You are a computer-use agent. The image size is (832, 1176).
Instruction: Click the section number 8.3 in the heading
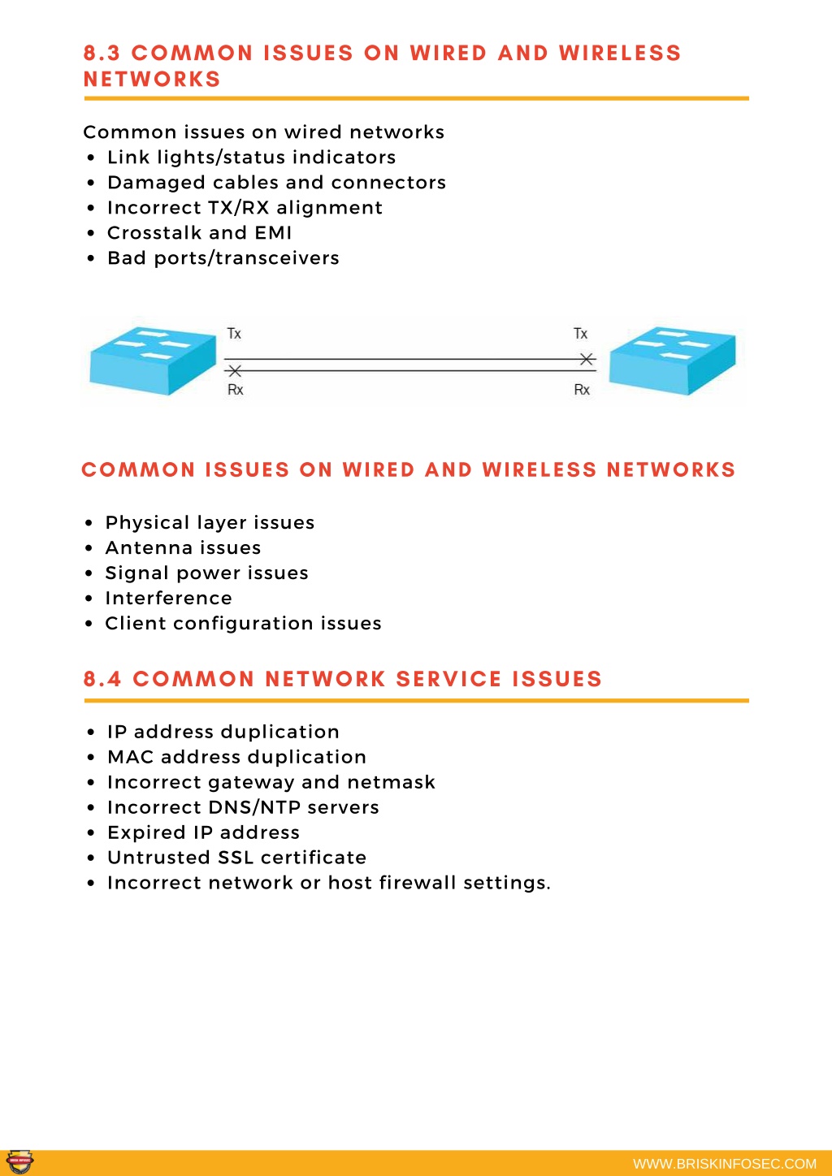point(102,53)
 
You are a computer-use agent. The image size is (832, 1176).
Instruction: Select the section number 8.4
point(102,679)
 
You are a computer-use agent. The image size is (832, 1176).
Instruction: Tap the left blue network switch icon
point(153,360)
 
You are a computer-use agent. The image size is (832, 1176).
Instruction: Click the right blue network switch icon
point(672,360)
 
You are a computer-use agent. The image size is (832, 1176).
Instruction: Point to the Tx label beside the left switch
point(234,333)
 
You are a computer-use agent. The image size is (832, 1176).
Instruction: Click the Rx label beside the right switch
point(582,390)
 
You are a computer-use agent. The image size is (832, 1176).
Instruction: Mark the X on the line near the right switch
point(587,359)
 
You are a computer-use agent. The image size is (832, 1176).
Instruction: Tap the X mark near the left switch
point(235,371)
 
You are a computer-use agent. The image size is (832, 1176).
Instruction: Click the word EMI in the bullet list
point(273,232)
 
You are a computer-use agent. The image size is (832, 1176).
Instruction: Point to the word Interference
point(169,598)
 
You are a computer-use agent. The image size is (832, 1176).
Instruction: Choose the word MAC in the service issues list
point(130,757)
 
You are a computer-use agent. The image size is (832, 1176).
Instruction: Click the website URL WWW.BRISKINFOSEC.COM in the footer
point(725,1164)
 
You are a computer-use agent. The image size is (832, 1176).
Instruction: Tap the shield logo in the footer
point(20,1161)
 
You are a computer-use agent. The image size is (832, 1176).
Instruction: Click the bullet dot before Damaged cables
point(91,183)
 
